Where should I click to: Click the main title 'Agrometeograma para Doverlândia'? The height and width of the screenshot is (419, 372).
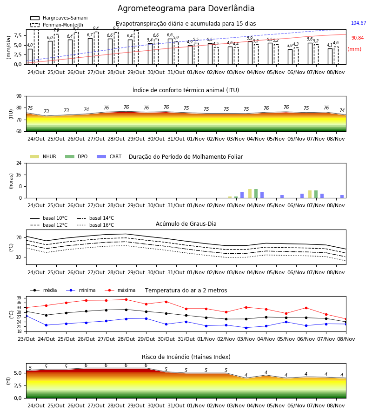click(x=186, y=8)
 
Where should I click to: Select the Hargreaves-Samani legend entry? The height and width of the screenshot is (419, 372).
click(x=59, y=18)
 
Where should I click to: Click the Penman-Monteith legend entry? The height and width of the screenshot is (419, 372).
click(x=57, y=25)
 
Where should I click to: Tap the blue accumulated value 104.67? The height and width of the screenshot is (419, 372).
click(x=359, y=23)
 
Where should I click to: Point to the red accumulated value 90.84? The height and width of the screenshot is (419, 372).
click(x=357, y=38)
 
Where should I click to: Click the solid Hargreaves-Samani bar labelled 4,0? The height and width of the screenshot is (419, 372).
click(x=30, y=57)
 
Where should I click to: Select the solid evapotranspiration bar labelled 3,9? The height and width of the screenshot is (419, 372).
click(x=290, y=57)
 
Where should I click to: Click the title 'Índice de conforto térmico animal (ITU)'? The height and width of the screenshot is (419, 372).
click(x=186, y=90)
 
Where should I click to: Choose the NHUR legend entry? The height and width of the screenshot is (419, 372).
click(x=43, y=156)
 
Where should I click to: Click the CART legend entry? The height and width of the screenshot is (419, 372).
click(x=109, y=156)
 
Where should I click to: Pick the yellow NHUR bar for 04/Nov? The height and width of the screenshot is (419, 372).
click(x=250, y=194)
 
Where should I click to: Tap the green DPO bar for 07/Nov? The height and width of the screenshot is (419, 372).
click(x=316, y=194)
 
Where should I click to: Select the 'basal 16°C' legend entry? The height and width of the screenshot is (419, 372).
click(x=95, y=225)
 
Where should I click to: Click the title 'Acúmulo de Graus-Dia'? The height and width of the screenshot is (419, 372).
click(x=186, y=224)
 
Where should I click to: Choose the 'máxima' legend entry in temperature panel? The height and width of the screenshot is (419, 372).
click(x=120, y=290)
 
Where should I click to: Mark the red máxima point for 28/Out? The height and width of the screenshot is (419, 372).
click(x=126, y=299)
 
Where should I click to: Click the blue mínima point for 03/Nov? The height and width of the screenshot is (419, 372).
click(x=246, y=328)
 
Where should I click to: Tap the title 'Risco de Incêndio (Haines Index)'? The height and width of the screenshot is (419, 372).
click(x=186, y=357)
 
